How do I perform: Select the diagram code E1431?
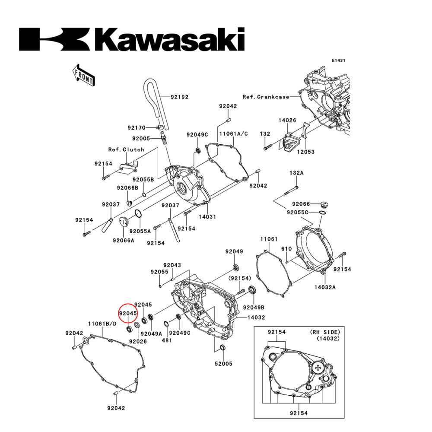339,61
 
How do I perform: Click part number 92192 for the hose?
179,97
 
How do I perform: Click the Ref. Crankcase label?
266,97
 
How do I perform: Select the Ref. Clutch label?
126,149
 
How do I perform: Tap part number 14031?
207,216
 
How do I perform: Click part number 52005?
224,364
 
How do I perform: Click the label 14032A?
325,286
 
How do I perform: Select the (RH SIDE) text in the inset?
325,332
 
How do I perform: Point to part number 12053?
305,152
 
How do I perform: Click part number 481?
167,340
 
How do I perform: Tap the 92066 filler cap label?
301,203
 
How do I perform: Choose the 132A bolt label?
296,173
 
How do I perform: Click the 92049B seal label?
254,308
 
